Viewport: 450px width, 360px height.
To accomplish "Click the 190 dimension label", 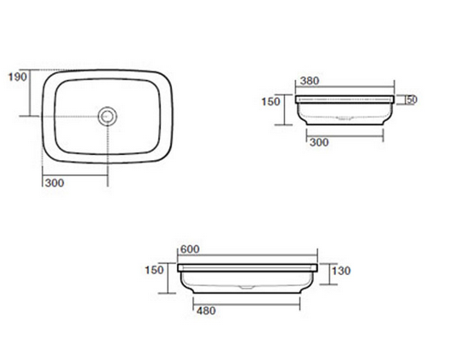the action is pyautogui.click(x=18, y=77).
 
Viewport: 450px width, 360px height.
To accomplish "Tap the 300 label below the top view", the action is pyautogui.click(x=54, y=183).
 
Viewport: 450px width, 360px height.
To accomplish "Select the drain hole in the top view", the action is pyautogui.click(x=107, y=117).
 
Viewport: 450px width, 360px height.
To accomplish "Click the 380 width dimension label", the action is pyautogui.click(x=310, y=81).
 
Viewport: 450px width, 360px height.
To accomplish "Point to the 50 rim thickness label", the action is pyautogui.click(x=412, y=100).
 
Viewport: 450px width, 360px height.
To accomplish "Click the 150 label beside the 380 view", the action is pyautogui.click(x=271, y=101).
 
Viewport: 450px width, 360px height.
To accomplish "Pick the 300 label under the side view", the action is pyautogui.click(x=319, y=142).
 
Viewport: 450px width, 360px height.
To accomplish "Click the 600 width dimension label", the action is pyautogui.click(x=190, y=249).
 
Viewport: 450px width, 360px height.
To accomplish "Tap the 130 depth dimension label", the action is pyautogui.click(x=341, y=271).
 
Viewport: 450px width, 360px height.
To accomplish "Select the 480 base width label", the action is pyautogui.click(x=207, y=311).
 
